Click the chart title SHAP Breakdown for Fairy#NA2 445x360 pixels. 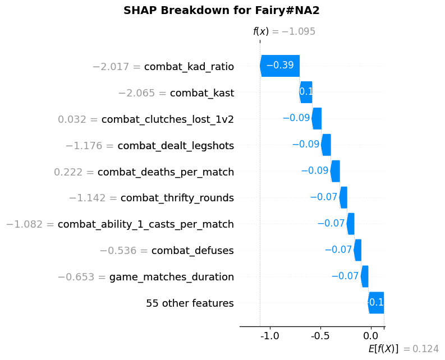tap(222, 10)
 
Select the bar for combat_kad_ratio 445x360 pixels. tap(280, 66)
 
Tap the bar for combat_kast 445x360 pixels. tap(306, 92)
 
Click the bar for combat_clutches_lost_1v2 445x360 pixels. tap(316, 118)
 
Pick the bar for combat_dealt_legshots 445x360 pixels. tap(326, 145)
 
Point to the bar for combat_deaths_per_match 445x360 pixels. tap(335, 171)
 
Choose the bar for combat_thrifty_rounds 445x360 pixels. tap(343, 197)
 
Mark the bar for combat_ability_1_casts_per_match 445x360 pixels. tap(351, 224)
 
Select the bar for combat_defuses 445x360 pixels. tap(357, 250)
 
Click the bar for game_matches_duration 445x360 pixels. tap(365, 276)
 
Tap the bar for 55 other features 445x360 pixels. tap(376, 303)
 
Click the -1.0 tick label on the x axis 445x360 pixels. tap(270, 336)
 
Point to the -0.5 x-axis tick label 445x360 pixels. tap(320, 336)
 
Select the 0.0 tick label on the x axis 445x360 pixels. tap(371, 336)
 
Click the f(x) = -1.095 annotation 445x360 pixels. tap(284, 32)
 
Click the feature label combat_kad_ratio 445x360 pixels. tap(189, 67)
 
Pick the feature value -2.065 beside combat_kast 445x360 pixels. tap(142, 93)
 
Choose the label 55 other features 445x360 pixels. tap(190, 303)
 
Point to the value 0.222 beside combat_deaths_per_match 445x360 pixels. tap(74, 172)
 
